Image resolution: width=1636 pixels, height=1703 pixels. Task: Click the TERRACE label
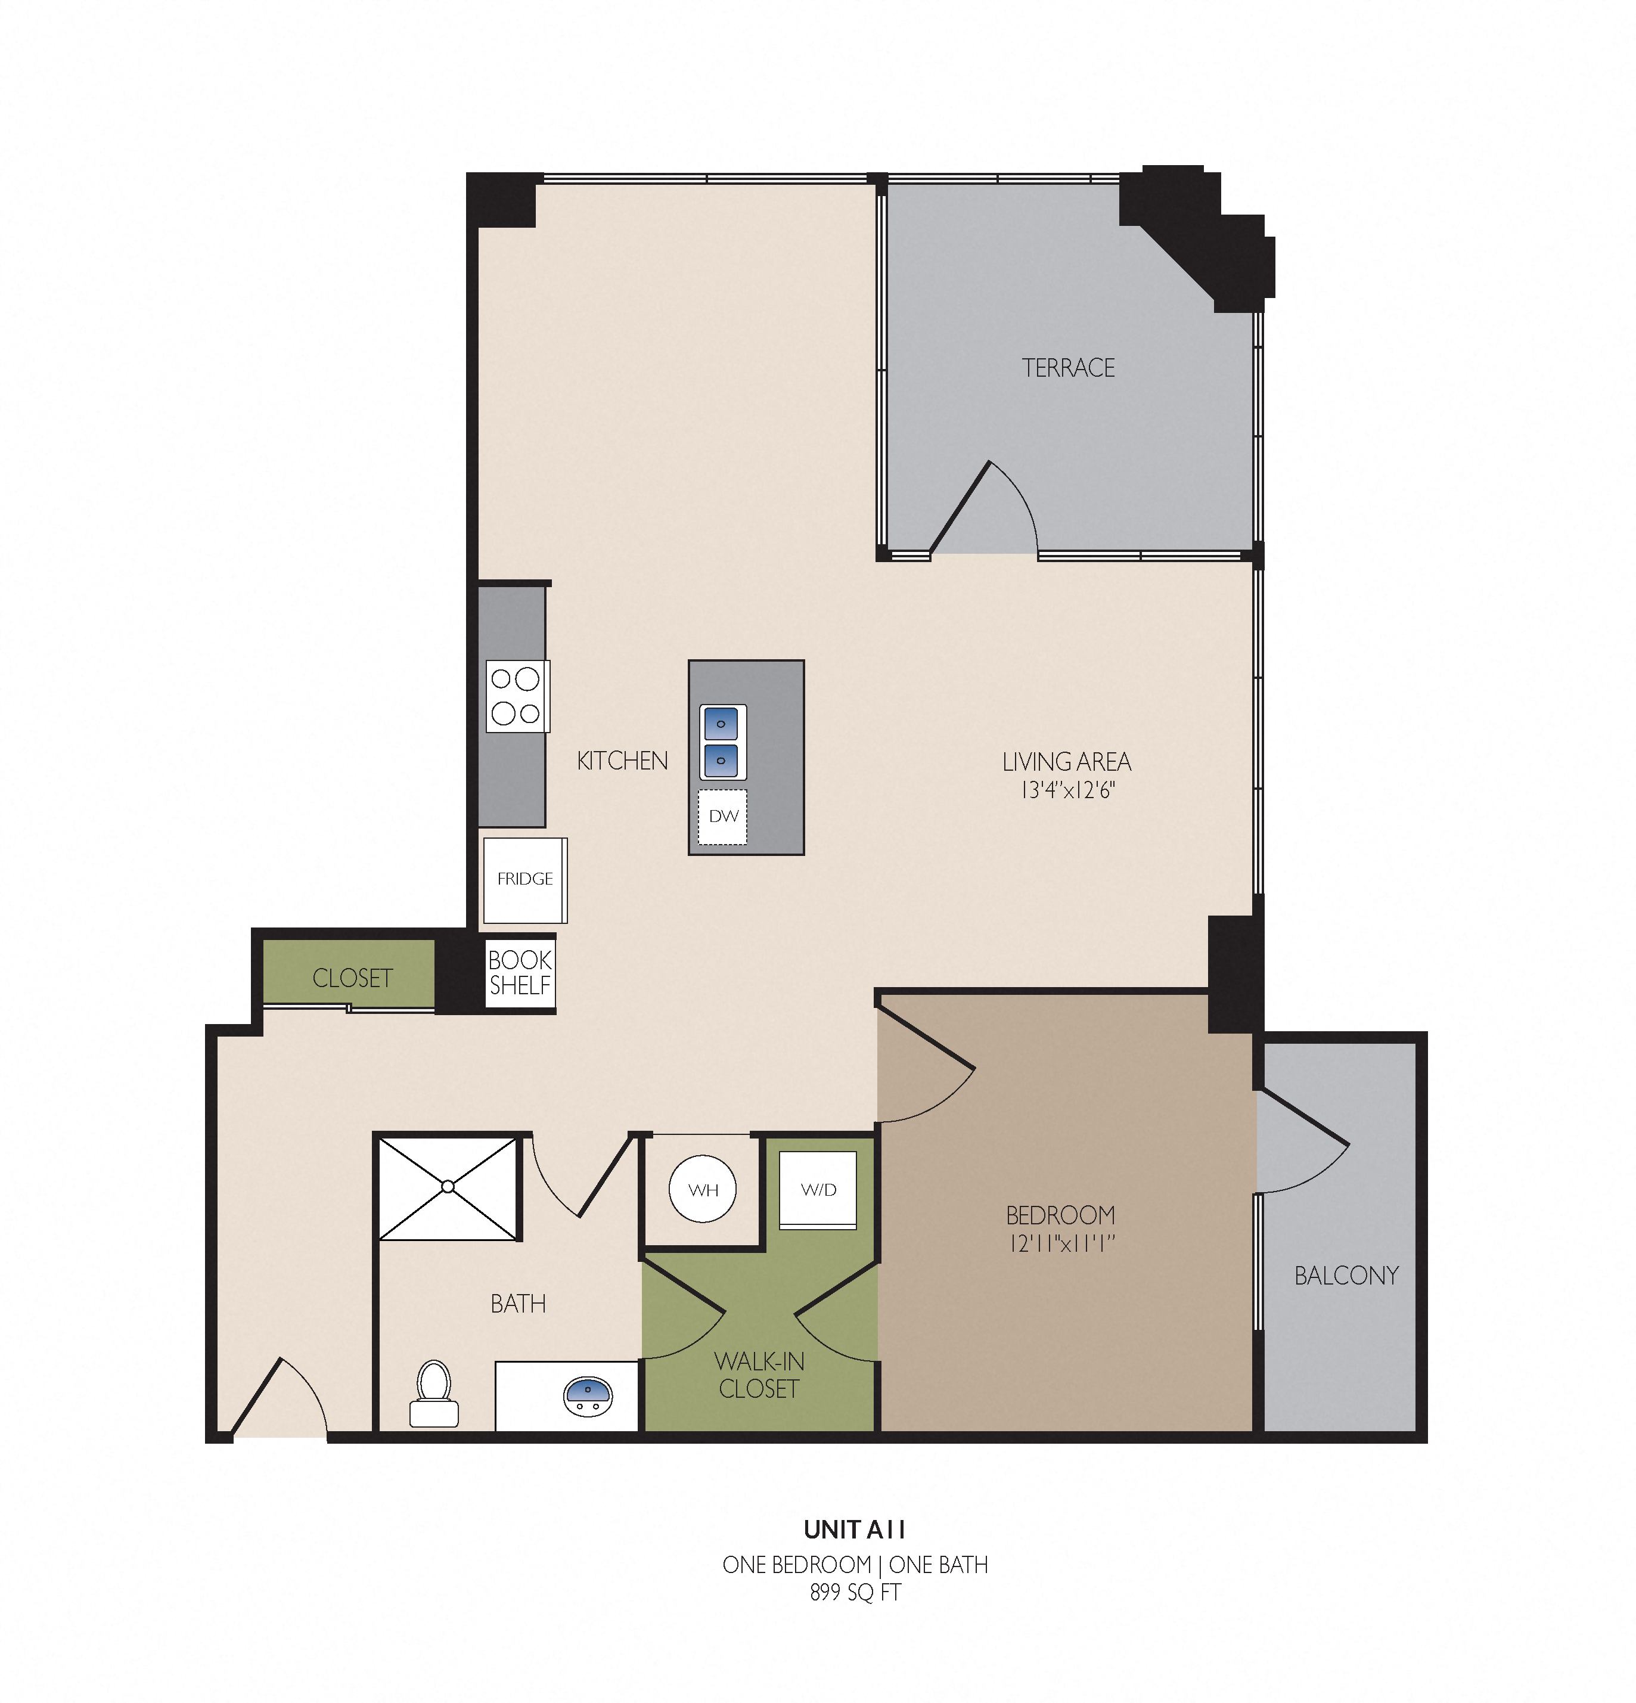click(1068, 368)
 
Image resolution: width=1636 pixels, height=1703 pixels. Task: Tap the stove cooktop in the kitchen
click(517, 696)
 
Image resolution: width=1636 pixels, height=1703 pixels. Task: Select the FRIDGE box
click(524, 879)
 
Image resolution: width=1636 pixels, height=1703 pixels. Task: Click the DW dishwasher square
click(723, 816)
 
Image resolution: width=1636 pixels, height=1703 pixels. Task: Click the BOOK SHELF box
click(520, 973)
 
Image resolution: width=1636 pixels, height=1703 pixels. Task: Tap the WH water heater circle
click(703, 1189)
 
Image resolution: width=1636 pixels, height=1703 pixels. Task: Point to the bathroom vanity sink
click(588, 1396)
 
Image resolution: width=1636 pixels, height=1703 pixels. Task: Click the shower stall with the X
click(448, 1187)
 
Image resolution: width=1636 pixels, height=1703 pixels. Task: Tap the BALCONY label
click(1346, 1276)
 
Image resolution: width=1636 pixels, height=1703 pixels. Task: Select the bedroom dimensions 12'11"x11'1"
click(1061, 1243)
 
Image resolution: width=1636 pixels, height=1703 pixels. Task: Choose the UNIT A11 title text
click(855, 1529)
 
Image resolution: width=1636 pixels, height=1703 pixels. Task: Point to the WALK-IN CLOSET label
click(759, 1375)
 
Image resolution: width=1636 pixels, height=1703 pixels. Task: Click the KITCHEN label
click(622, 761)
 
